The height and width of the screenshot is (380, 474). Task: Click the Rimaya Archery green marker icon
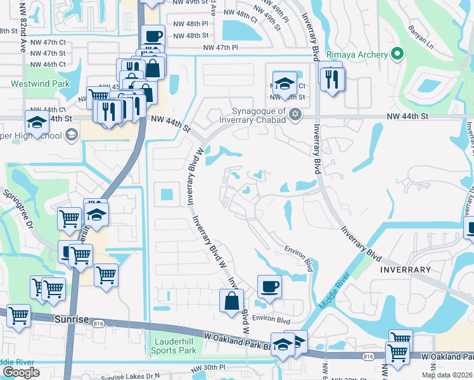[x=397, y=54]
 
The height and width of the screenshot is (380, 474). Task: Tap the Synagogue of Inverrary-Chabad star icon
[x=294, y=114]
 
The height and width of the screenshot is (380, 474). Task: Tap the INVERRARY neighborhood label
[x=405, y=270]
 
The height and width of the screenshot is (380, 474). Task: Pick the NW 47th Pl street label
[x=221, y=47]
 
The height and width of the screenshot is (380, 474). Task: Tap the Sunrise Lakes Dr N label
[x=131, y=377]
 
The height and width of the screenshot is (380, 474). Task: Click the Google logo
[x=20, y=372]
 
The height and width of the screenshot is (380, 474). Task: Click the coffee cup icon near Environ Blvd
[x=269, y=286]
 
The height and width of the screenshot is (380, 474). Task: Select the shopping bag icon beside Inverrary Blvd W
[x=231, y=300]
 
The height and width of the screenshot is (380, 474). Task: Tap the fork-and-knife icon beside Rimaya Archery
[x=332, y=79]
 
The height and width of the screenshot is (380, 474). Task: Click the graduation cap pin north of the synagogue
[x=285, y=82]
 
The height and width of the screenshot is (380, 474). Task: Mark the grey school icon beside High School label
[x=71, y=134]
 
